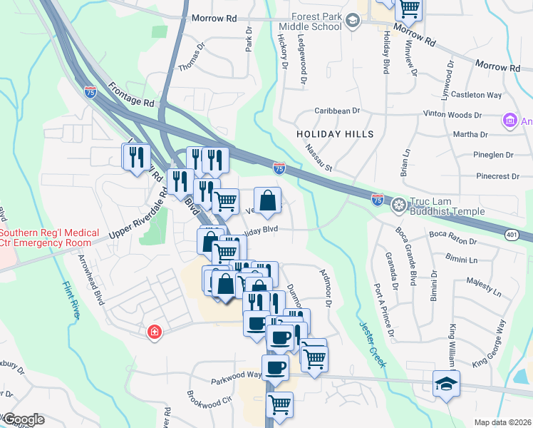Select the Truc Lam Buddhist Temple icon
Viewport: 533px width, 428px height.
pos(399,205)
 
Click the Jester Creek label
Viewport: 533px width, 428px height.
pos(371,343)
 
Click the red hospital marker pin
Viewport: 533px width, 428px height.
pos(154,332)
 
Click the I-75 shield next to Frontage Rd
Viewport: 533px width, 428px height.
pos(90,91)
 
